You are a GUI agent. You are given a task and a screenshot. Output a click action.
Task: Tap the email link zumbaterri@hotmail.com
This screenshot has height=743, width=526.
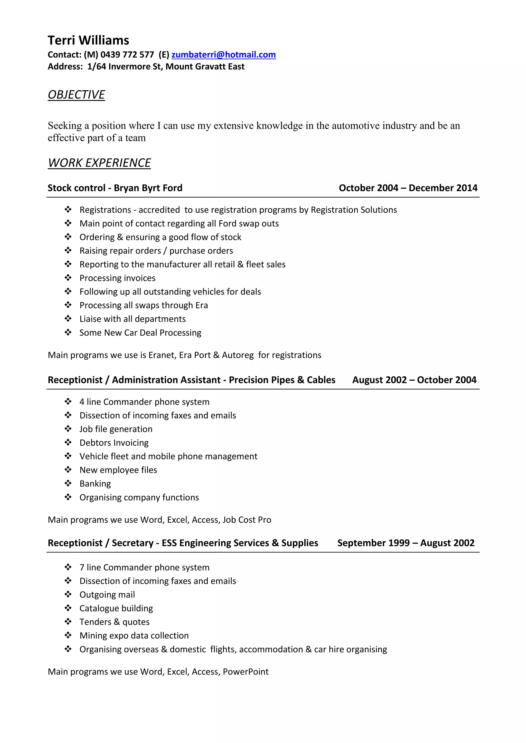point(223,55)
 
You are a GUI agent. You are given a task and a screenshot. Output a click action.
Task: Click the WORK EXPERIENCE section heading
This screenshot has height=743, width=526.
point(99,163)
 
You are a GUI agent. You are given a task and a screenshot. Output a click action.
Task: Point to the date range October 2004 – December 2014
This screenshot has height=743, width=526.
point(408,188)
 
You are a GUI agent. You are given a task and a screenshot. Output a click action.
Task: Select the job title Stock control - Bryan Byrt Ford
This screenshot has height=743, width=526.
point(115,188)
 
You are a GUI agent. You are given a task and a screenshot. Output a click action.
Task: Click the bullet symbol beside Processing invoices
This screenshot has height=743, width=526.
point(68,278)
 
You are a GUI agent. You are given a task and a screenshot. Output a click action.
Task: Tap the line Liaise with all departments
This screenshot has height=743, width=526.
point(133,319)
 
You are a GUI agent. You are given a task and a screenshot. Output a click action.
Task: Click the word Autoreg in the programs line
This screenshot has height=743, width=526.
point(238,355)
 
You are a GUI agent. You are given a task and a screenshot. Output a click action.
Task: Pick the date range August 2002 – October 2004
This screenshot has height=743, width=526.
point(414,380)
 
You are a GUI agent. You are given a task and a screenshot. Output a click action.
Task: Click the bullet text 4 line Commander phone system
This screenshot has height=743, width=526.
point(144,402)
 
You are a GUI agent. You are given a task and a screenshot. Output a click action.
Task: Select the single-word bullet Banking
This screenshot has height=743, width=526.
point(95,484)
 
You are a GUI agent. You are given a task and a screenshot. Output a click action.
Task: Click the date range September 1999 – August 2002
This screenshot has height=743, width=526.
point(406,543)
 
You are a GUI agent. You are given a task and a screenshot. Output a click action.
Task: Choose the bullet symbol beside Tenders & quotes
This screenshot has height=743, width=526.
point(68,622)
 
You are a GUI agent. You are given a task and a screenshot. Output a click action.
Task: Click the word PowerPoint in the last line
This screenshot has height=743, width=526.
point(246,672)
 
